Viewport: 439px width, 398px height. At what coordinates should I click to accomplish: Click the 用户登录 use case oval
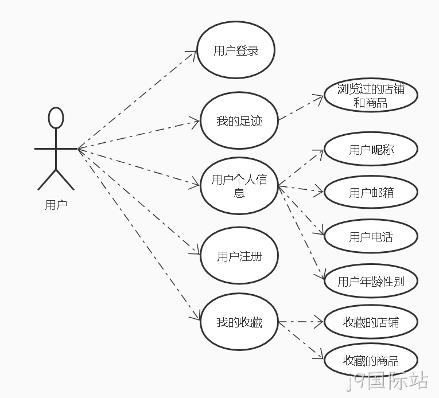pos(236,50)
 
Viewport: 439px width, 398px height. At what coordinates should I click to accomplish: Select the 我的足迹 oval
pos(239,120)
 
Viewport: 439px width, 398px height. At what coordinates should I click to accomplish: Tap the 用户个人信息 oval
pos(239,186)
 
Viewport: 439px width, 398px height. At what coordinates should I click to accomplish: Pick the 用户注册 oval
pos(239,256)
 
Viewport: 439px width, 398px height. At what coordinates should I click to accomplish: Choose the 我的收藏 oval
pos(239,322)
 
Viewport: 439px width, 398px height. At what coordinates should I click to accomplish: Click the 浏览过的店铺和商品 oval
pos(371,95)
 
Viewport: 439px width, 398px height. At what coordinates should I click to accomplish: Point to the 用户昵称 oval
pos(371,149)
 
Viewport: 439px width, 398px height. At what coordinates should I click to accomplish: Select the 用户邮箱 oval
pos(371,192)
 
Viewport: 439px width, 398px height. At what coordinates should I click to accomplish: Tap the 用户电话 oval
pos(371,236)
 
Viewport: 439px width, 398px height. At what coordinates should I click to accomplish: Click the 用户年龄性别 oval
pos(371,281)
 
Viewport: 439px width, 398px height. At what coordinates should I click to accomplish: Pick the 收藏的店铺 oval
pos(371,322)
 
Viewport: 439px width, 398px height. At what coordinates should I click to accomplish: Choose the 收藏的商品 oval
pos(371,360)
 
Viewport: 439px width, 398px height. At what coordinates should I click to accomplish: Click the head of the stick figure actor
pos(56,118)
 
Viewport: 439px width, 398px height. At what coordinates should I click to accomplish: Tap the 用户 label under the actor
pos(56,205)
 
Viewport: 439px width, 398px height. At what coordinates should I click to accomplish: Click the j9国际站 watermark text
pos(387,381)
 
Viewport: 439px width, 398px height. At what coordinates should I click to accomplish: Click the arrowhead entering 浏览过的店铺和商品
pos(320,98)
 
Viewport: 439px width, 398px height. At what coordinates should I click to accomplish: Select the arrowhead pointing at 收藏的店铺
pos(319,322)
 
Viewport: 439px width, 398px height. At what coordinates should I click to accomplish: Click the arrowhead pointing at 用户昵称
pos(320,153)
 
